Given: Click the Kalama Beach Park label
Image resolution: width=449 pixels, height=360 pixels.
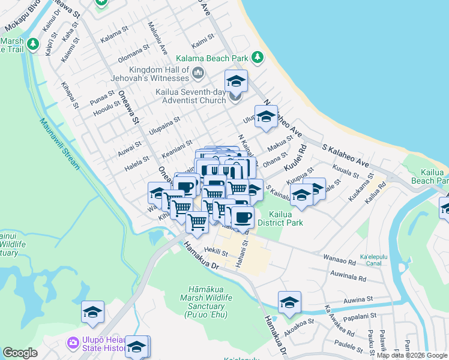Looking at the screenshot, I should [212, 59].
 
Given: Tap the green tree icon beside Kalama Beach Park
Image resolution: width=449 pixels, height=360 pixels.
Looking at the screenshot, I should [258, 58].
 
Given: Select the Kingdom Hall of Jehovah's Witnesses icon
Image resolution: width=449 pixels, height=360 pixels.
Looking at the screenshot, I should [198, 73].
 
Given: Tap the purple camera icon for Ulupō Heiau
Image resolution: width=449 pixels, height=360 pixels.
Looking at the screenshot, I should [73, 342].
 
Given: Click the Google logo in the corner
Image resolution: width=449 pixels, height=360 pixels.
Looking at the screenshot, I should [20, 353].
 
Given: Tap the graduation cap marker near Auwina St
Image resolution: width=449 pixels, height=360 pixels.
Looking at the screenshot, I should [289, 302].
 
